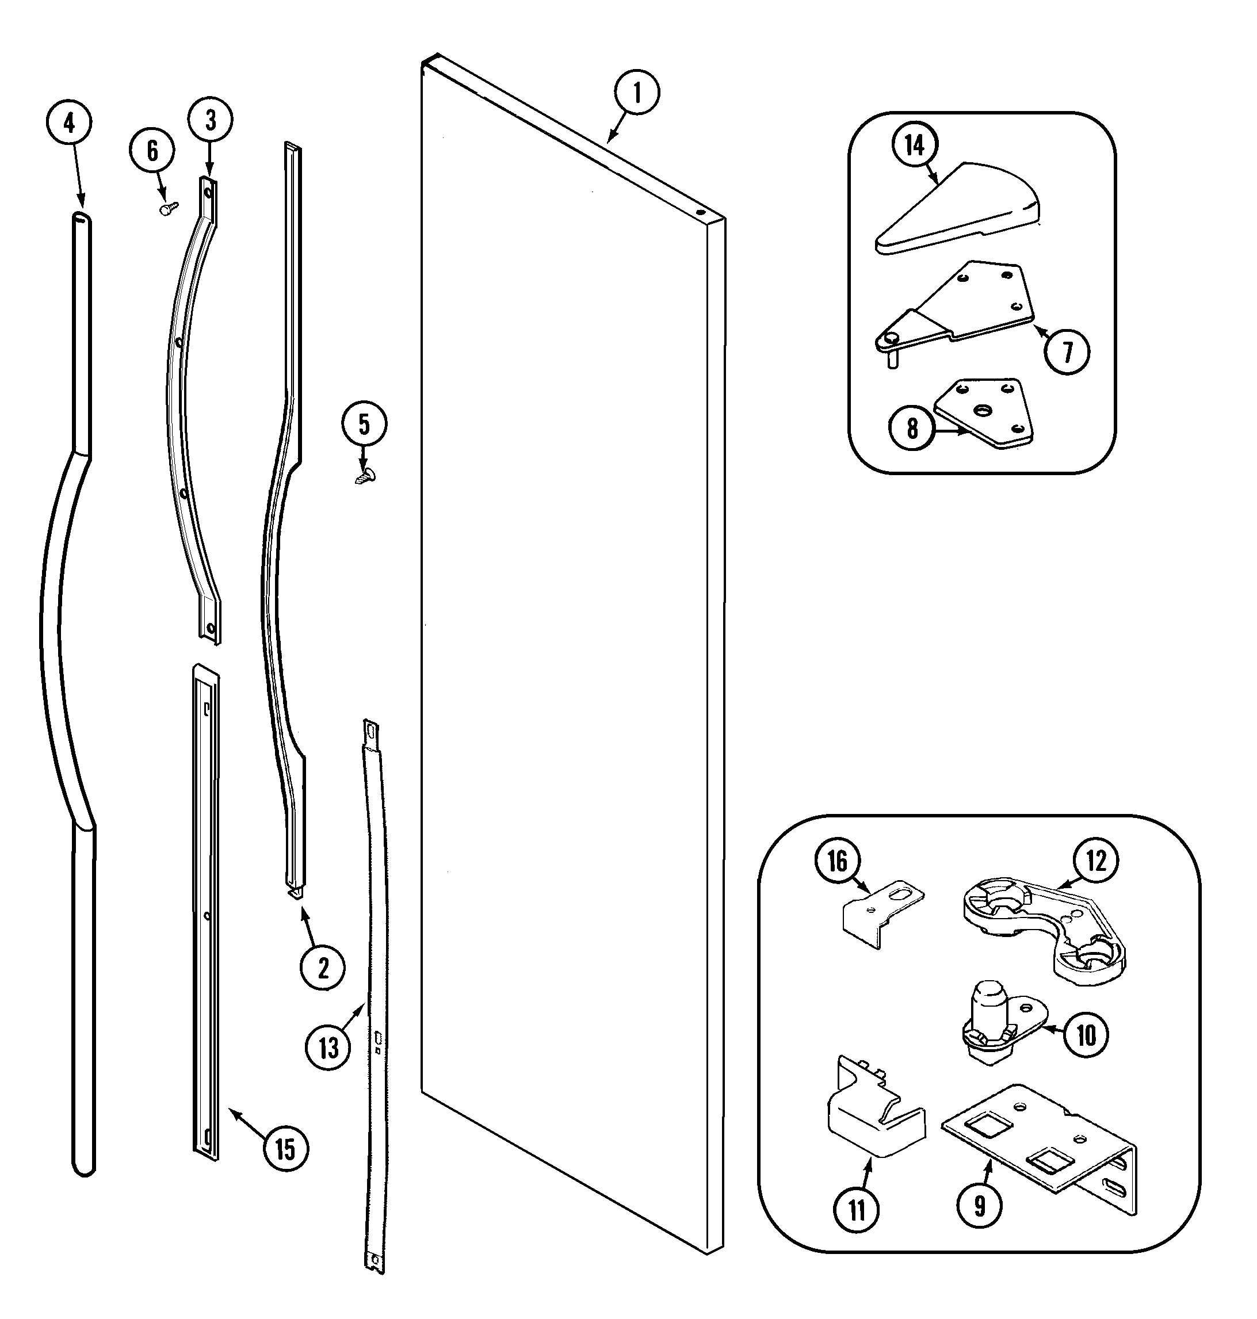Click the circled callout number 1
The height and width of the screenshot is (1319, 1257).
point(636,93)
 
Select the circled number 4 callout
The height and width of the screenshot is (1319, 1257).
point(69,123)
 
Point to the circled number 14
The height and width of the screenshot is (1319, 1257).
point(915,145)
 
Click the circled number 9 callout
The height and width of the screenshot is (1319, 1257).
point(980,1206)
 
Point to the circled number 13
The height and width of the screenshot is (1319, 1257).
point(328,1047)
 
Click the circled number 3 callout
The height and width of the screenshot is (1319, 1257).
point(211,121)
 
